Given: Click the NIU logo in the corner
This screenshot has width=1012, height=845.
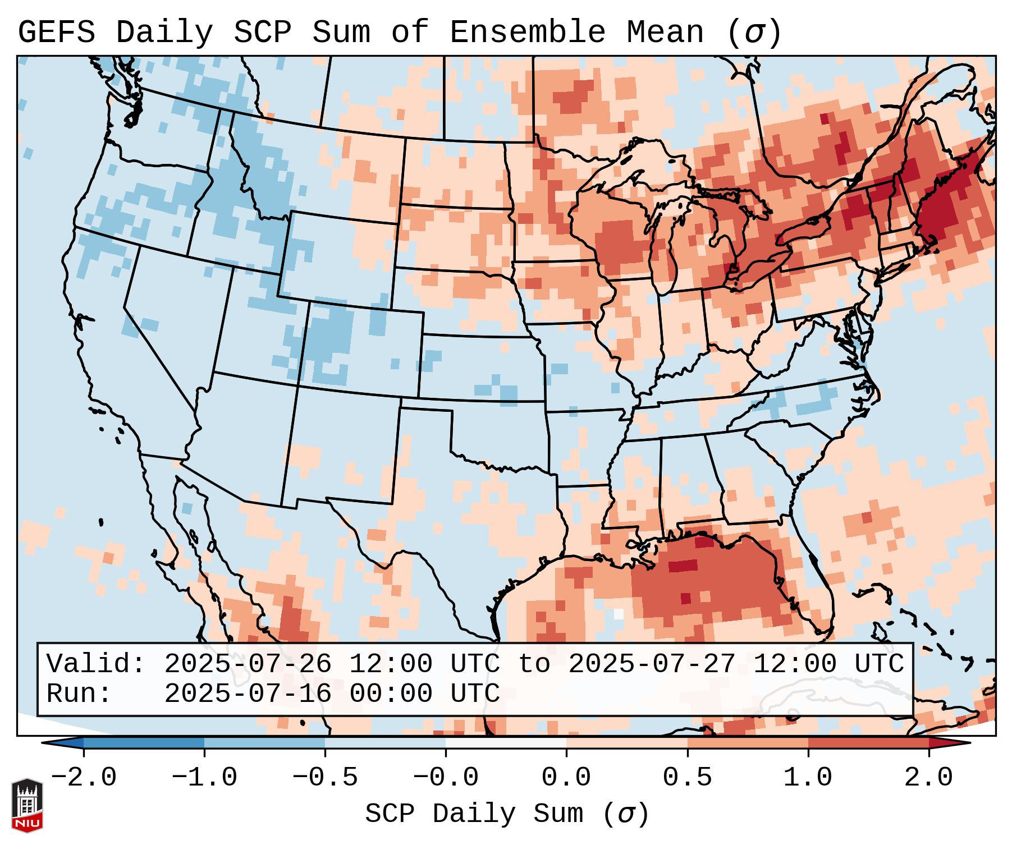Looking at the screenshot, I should click(x=27, y=805).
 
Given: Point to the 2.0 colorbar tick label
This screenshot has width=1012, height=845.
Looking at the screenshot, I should click(x=929, y=778).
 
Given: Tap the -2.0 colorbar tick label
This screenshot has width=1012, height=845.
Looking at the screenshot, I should click(x=84, y=778).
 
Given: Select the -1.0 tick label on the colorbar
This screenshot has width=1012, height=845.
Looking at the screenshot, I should click(x=204, y=778).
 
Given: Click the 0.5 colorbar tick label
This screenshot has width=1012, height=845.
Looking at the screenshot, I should click(x=688, y=778).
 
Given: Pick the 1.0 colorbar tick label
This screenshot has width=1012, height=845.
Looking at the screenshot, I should click(x=808, y=778).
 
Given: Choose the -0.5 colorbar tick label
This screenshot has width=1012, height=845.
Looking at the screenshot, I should click(x=325, y=778).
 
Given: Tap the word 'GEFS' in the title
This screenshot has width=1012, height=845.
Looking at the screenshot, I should click(x=57, y=33).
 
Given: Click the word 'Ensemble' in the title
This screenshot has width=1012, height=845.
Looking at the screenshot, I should click(x=528, y=33).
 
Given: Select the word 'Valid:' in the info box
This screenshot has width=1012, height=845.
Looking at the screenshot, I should click(x=96, y=664).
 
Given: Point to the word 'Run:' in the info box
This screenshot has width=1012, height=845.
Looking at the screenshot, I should click(x=79, y=694).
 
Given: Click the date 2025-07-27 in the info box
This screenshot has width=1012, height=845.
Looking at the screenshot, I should click(x=652, y=664).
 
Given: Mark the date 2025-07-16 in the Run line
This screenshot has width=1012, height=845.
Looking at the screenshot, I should click(x=248, y=694).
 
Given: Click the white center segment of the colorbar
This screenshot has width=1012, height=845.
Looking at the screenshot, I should click(x=506, y=743).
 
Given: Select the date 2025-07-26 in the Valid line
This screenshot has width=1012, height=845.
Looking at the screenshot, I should click(x=248, y=664).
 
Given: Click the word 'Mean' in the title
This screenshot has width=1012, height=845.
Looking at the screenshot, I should click(x=665, y=33).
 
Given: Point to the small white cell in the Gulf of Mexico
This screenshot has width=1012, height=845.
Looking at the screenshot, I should click(x=618, y=614).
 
